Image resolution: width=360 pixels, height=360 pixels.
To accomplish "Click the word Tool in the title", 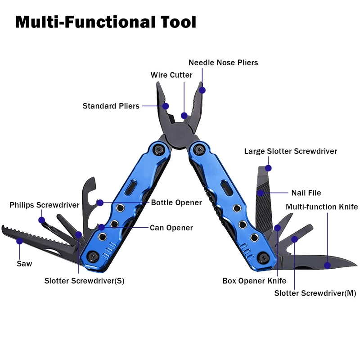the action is (178, 22).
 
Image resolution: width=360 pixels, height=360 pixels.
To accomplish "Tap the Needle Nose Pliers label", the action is (223, 63).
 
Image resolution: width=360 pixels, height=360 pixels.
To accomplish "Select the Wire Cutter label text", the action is (171, 75).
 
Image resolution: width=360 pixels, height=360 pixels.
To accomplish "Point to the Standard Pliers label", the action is (111, 106).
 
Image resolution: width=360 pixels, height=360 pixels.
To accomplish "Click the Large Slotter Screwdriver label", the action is (290, 151).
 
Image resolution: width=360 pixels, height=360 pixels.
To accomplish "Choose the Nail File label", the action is (306, 193).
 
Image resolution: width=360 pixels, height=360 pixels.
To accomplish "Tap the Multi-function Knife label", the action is (322, 207).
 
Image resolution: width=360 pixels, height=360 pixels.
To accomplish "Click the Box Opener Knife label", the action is (254, 281).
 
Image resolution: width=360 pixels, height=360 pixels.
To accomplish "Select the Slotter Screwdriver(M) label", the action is (315, 293).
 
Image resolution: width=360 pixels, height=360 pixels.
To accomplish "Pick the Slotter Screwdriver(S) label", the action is (84, 281).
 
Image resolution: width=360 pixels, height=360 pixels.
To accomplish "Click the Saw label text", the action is (24, 264).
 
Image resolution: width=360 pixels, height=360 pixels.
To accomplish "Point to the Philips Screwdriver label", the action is (44, 205).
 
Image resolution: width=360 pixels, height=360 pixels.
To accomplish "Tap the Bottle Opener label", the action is (176, 202).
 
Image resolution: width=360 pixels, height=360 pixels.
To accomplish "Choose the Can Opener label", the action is (171, 228).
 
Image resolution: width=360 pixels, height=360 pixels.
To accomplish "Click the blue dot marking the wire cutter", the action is (184, 116).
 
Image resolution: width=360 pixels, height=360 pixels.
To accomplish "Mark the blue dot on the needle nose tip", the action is (202, 90).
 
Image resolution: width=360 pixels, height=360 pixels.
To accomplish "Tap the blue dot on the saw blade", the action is (20, 241).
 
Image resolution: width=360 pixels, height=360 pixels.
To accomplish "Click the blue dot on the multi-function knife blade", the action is (328, 265).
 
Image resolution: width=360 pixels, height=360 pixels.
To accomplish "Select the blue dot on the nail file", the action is (261, 193).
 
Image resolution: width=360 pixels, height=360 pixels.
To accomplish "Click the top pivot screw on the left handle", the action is (159, 150).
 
